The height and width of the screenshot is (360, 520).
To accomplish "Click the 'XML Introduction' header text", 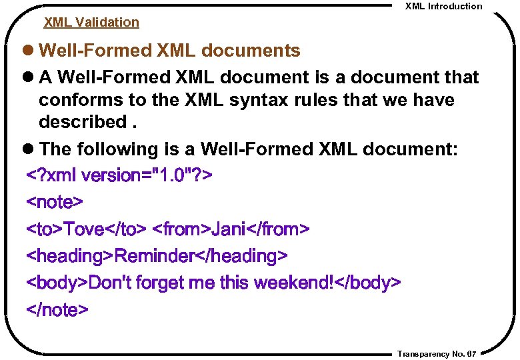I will (x=443, y=6).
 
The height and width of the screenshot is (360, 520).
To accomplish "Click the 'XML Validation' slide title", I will (x=91, y=22).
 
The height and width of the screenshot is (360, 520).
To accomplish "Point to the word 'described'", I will (x=81, y=123).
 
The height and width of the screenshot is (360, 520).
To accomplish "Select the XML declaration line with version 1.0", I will (x=119, y=176).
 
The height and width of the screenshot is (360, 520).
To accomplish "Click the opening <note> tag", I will (x=55, y=202).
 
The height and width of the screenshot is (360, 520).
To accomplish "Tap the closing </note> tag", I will (x=57, y=310).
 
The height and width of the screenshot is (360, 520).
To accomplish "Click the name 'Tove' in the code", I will (x=87, y=229).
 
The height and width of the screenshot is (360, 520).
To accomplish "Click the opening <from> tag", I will (x=181, y=229).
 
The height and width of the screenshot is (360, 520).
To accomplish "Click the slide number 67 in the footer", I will (x=471, y=354).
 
